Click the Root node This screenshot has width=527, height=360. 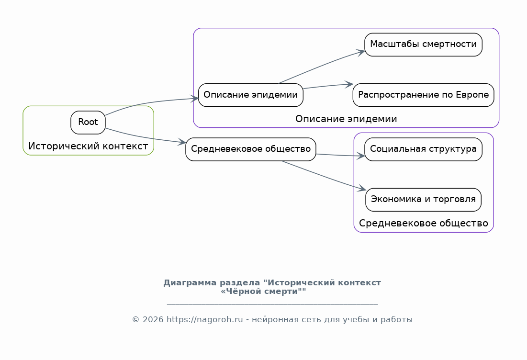(x=88, y=123)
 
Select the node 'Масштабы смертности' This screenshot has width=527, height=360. (x=423, y=45)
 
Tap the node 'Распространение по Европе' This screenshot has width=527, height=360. (x=423, y=95)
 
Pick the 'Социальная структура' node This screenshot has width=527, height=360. (x=423, y=149)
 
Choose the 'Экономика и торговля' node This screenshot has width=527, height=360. (x=423, y=200)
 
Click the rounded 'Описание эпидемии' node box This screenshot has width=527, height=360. (x=251, y=95)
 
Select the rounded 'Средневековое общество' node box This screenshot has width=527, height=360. (x=251, y=149)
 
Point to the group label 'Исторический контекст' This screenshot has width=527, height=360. (x=88, y=146)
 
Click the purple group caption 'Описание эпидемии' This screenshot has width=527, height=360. (x=346, y=119)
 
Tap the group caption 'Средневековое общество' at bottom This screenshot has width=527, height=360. (x=424, y=223)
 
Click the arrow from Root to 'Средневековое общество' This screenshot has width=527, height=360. (x=145, y=137)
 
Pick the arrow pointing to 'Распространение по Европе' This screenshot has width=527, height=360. (x=328, y=86)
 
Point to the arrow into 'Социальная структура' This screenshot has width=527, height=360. (x=340, y=155)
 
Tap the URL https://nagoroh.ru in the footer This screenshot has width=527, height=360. (x=205, y=320)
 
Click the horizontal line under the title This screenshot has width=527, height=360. (x=272, y=304)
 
